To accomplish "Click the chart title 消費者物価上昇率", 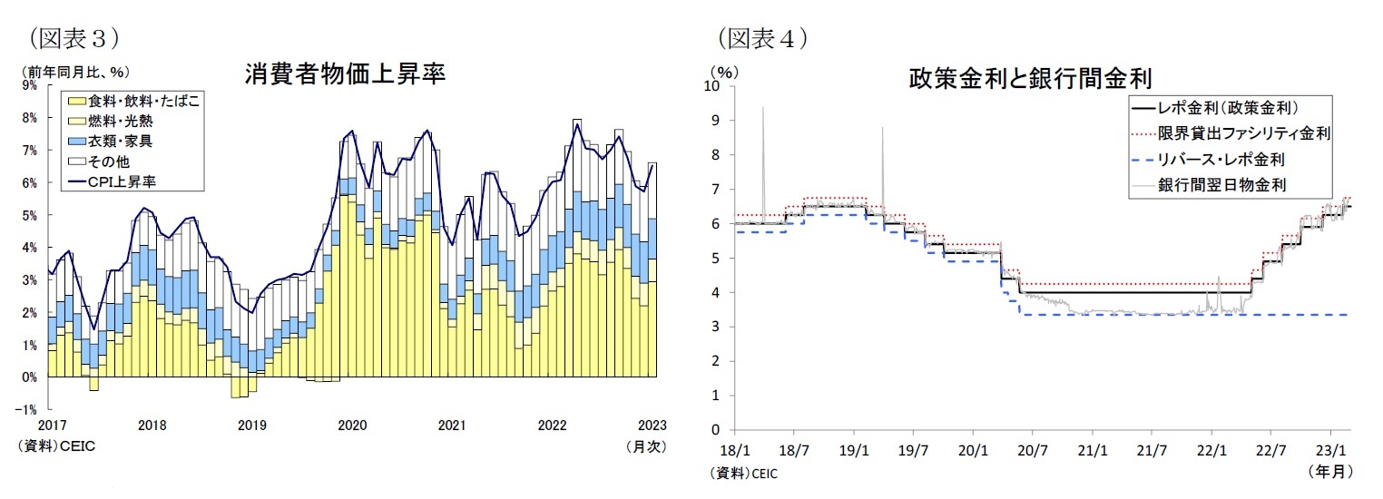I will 345,74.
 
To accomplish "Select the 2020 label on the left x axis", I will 351,425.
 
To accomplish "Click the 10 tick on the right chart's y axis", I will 713,86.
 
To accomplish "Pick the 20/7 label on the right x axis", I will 1032,448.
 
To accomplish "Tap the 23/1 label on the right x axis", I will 1330,448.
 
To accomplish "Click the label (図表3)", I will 74,38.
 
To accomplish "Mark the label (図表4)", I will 762,38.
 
